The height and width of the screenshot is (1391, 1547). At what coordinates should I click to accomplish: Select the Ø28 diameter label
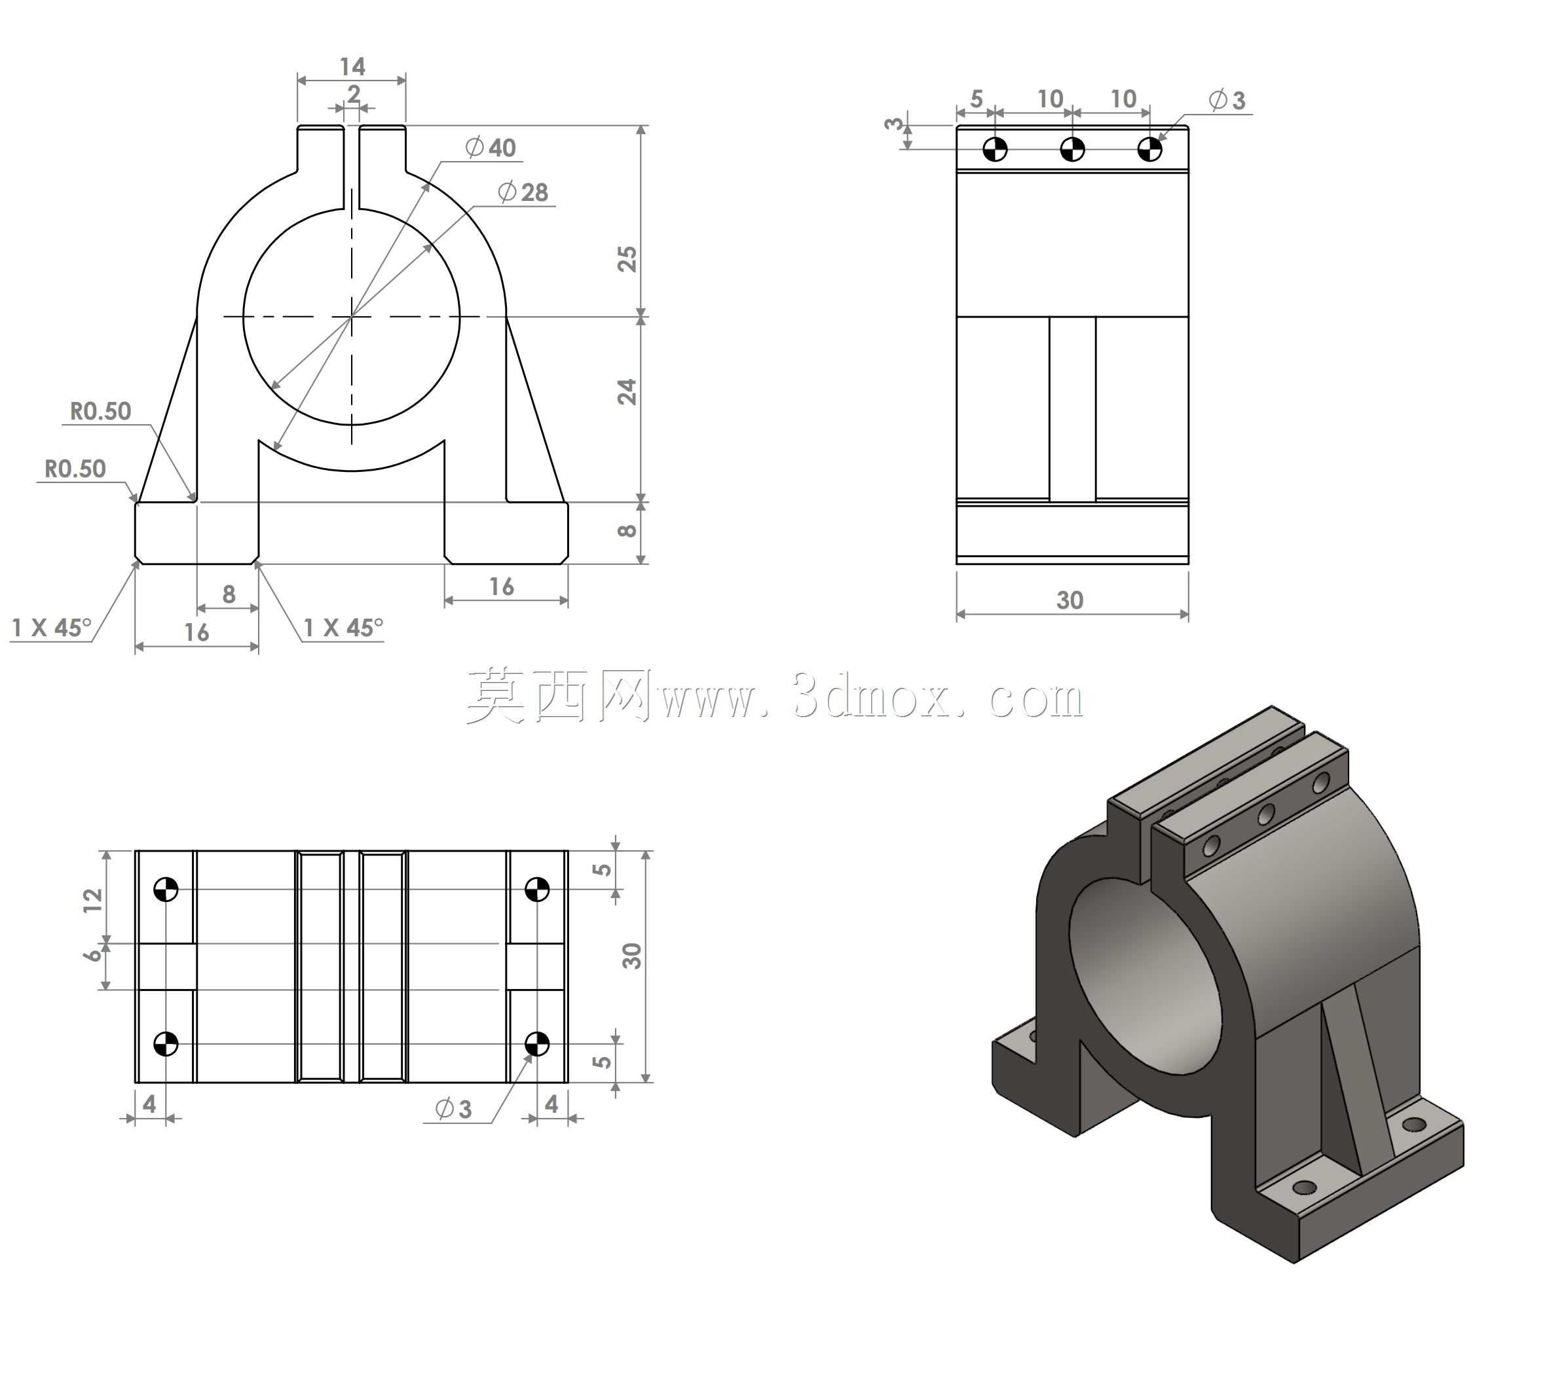coord(523,192)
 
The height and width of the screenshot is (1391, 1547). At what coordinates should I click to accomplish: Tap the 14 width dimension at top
coord(352,67)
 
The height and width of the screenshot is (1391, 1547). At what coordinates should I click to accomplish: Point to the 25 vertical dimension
coord(626,259)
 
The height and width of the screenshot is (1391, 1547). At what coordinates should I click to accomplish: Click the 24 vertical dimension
coord(626,392)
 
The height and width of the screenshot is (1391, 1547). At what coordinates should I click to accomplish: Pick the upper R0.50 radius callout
coord(101,411)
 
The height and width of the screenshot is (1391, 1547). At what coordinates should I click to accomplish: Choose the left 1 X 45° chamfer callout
coord(51,628)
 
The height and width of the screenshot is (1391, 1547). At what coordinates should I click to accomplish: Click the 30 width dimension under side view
coord(1070,600)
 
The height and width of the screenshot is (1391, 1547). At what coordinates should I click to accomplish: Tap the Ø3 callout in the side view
coord(1227,99)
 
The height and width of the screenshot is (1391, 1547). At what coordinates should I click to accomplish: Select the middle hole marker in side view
coord(1072,149)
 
